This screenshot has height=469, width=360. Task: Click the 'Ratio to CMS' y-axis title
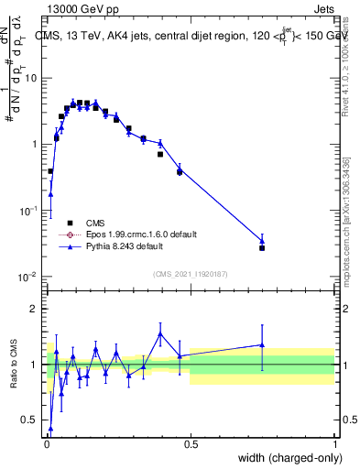click(14, 364)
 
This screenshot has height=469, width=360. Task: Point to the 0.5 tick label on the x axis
click(191, 443)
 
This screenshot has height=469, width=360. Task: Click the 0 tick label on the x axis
click(47, 443)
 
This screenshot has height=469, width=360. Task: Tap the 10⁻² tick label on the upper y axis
click(29, 277)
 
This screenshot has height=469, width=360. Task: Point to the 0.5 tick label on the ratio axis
click(32, 420)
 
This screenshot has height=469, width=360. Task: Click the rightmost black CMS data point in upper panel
click(262, 248)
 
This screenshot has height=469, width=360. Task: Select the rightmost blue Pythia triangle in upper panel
click(262, 241)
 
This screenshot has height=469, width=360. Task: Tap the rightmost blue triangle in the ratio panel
click(262, 345)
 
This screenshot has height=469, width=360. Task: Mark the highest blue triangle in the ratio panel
click(160, 333)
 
